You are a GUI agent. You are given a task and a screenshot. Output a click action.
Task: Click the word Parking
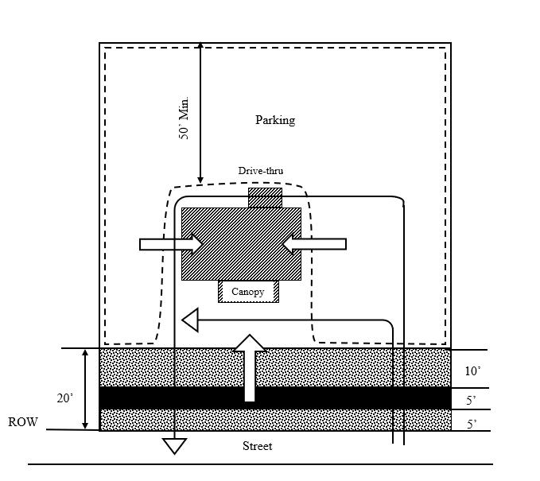[x=274, y=121]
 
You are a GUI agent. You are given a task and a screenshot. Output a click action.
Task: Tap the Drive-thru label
[x=261, y=170]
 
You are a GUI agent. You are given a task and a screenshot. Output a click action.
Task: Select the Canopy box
[x=248, y=292]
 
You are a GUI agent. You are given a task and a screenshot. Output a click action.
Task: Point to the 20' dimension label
[x=65, y=399]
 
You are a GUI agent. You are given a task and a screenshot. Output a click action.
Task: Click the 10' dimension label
[x=472, y=371]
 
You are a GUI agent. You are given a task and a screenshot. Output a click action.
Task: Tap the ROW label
[x=23, y=422]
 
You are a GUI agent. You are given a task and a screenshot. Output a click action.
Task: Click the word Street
[x=257, y=446]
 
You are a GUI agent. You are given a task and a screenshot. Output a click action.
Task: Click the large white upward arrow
[x=250, y=366]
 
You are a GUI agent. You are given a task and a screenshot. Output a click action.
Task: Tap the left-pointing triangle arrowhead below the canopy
[x=189, y=320]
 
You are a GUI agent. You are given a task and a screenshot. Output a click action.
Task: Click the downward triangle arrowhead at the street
[x=174, y=445]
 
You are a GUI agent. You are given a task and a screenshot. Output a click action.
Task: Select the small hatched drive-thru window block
[x=265, y=197]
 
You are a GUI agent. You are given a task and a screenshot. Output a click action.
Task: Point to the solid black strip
[x=274, y=398]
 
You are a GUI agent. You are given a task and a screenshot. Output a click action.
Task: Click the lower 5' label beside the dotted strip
[x=472, y=425]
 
